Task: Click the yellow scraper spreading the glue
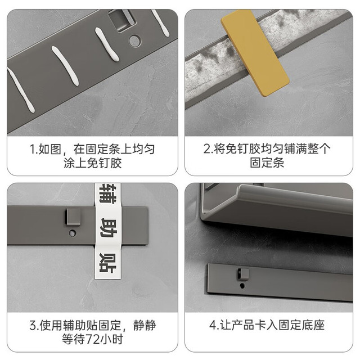pos(255,52)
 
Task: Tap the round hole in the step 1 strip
pos(134,40)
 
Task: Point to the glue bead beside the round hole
pos(107,44)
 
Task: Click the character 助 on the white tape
pos(109,228)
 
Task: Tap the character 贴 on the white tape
pos(108,263)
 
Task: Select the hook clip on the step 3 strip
pos(73,217)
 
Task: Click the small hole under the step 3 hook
pos(72,234)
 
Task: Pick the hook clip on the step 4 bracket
pos(244,274)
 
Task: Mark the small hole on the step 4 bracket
pos(242,286)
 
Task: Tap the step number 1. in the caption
pos(34,149)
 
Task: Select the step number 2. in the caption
pos(208,148)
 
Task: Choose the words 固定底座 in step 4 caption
pos(301,325)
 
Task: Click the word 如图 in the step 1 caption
pos(50,149)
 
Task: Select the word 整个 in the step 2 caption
pos(319,148)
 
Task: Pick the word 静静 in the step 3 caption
pos(145,325)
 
